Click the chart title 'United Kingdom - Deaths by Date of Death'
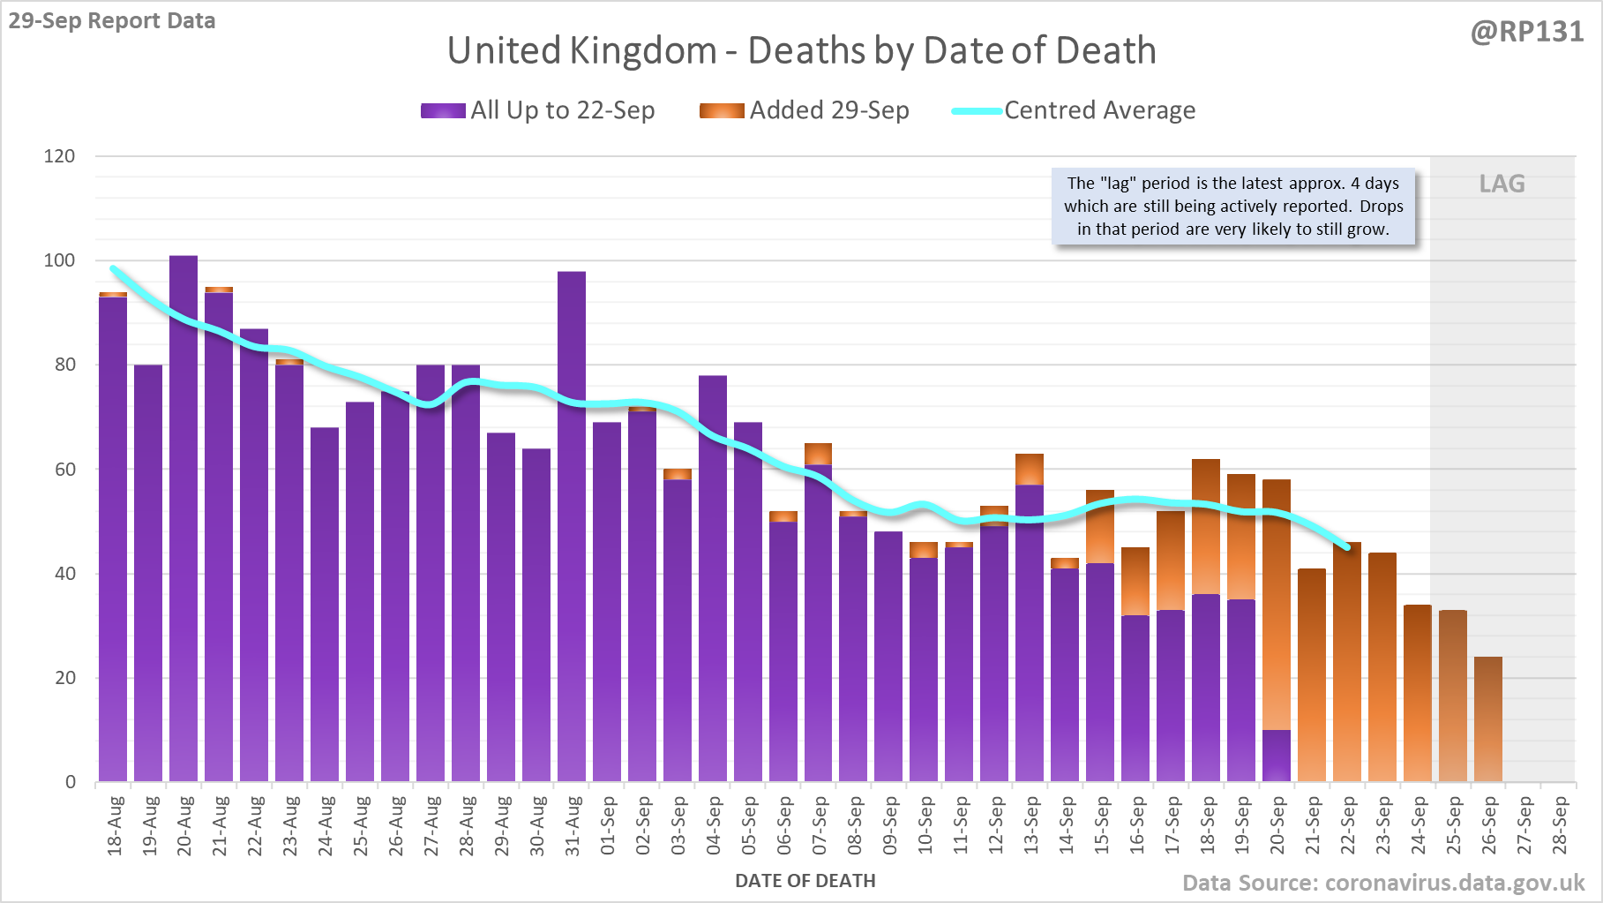coord(801,50)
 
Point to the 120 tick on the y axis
coord(60,156)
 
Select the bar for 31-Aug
coord(572,530)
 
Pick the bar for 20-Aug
coord(184,521)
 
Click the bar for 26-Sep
coord(1488,719)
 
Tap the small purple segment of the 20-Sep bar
coord(1277,756)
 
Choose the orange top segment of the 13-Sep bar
coord(1030,469)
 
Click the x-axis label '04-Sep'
coord(714,826)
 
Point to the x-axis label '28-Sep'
coord(1560,826)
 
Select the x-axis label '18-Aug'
coord(115,826)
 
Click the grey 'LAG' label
coord(1502,184)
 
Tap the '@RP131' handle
coord(1527,32)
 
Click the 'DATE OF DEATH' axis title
coord(805,881)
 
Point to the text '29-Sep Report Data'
coord(112,20)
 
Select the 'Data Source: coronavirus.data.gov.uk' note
coord(1382,883)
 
